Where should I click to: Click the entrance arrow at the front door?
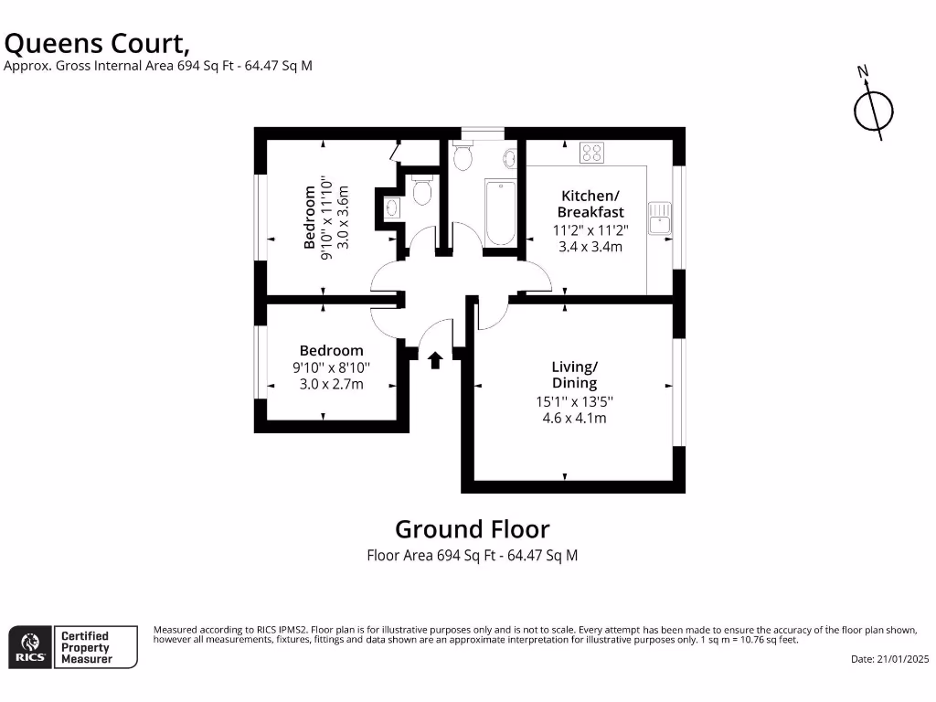click(x=435, y=360)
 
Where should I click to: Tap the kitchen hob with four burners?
click(x=592, y=153)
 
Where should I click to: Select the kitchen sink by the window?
click(x=658, y=218)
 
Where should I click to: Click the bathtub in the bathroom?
click(x=500, y=213)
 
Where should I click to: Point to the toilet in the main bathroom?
click(x=463, y=157)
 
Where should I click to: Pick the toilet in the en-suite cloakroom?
click(x=421, y=191)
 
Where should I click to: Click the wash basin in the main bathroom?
click(x=510, y=158)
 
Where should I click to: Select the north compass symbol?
click(x=873, y=110)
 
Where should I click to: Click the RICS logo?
click(x=28, y=647)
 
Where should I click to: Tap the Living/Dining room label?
click(x=574, y=375)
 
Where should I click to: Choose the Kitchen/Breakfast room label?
click(x=590, y=204)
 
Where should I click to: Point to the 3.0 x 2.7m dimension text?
click(x=331, y=384)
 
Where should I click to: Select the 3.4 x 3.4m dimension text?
click(x=590, y=246)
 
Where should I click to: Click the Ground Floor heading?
click(x=472, y=528)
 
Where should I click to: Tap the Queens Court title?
click(x=98, y=42)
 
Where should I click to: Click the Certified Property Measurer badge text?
click(x=84, y=647)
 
